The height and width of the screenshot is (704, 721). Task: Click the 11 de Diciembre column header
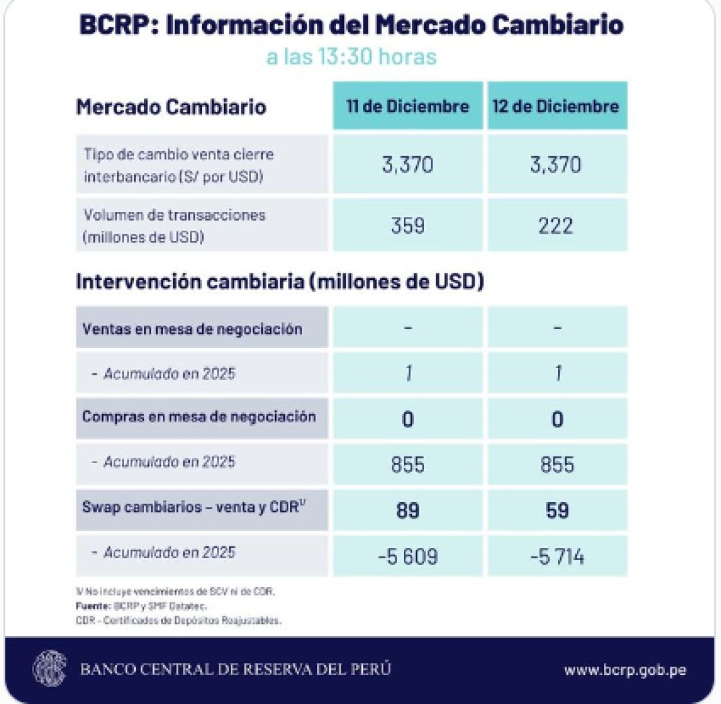407,106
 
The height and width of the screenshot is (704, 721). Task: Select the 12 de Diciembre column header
556,106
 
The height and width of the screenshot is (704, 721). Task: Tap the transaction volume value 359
407,226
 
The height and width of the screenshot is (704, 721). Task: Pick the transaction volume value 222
556,226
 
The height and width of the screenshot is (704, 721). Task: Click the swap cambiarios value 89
407,511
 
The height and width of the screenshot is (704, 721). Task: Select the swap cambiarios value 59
557,511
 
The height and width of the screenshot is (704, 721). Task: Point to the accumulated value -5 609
407,556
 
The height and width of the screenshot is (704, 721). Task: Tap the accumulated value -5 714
557,556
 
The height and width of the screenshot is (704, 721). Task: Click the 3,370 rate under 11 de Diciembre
407,165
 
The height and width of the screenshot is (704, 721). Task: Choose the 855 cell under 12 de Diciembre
557,464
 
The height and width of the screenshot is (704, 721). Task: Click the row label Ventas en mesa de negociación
192,329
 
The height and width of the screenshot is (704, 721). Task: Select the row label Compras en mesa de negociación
199,417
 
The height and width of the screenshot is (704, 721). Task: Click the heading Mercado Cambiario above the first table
171,107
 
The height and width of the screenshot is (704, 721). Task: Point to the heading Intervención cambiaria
279,281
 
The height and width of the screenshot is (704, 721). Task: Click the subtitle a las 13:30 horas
351,56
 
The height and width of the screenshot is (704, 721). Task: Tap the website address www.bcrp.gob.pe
625,670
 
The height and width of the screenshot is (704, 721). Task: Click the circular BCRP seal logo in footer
49,669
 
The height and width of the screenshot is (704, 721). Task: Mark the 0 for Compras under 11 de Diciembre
407,419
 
